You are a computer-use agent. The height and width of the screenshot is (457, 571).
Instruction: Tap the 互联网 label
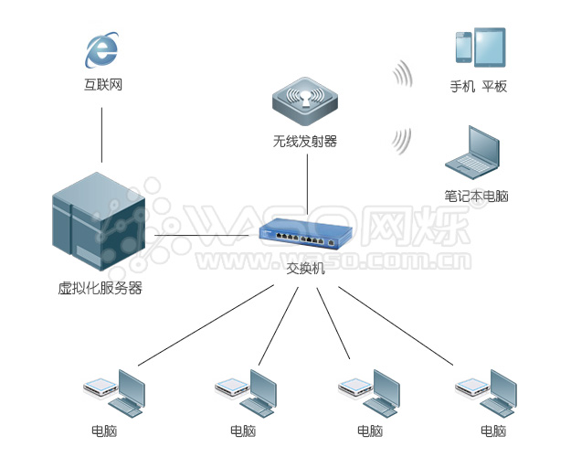point(101,86)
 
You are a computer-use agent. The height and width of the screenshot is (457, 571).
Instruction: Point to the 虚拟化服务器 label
point(100,289)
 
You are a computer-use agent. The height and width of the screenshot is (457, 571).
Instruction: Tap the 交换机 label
point(305,268)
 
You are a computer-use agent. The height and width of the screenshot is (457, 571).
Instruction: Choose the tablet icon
point(489,47)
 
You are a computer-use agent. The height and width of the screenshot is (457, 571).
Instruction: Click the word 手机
point(462,87)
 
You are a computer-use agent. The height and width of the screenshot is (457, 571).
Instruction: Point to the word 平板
point(494,87)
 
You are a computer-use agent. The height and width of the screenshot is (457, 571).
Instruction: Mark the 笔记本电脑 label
point(476,196)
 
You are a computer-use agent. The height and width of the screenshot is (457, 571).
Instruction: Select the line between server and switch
point(201,238)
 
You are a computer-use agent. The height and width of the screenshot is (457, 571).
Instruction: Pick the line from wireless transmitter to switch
point(306,187)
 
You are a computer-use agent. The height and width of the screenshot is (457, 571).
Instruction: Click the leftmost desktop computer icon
point(116,393)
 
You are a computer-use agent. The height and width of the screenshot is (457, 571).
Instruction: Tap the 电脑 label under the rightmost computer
point(492,430)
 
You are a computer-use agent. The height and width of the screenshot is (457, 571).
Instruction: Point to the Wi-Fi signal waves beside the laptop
point(400,140)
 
